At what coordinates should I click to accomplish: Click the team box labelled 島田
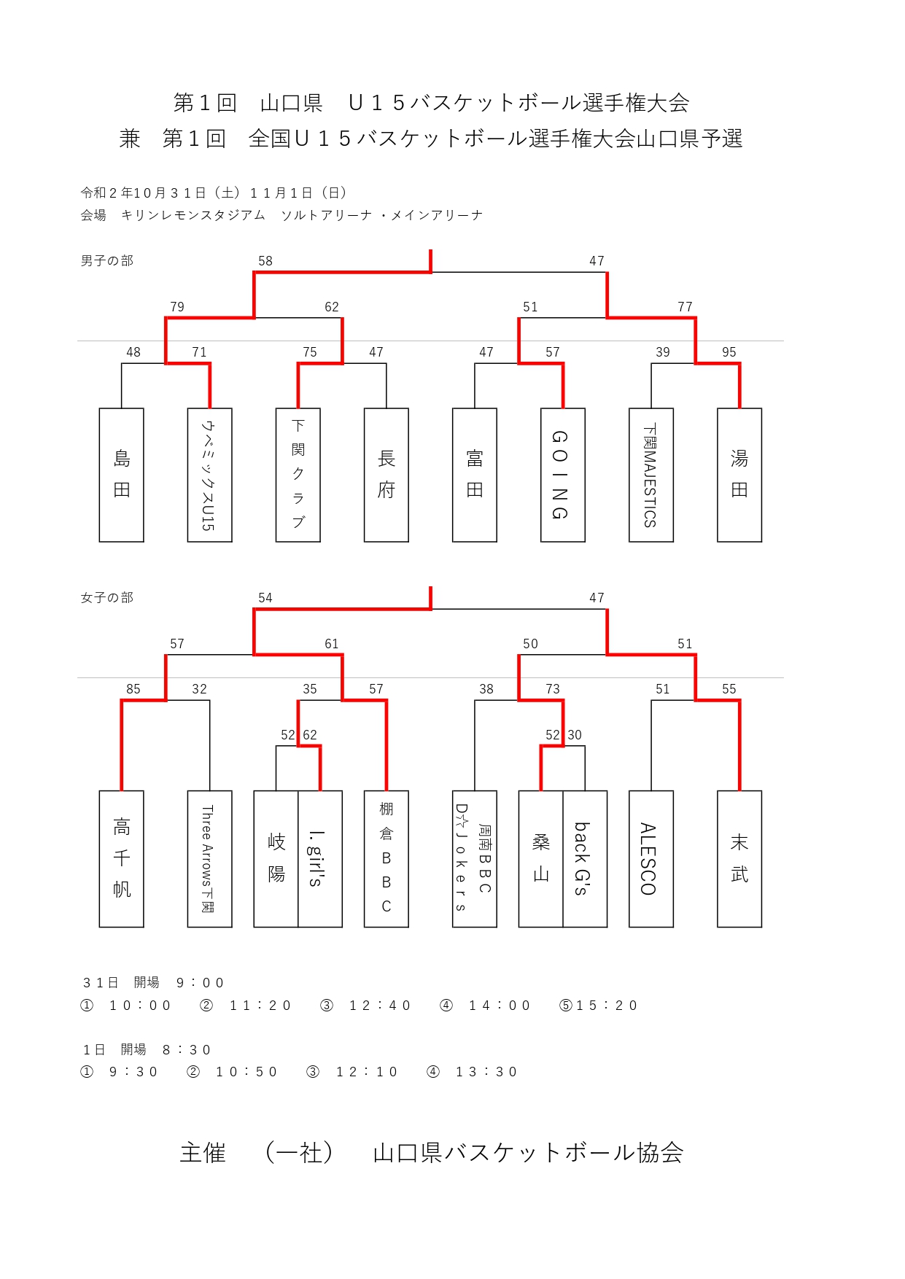[x=121, y=475]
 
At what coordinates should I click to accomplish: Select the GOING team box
[x=562, y=475]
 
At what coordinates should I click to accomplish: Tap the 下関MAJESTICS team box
[x=650, y=475]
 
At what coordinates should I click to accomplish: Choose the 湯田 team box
[x=739, y=475]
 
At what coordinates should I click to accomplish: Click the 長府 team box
[x=386, y=475]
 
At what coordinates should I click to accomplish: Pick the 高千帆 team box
[x=121, y=858]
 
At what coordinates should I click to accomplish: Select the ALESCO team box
[x=650, y=858]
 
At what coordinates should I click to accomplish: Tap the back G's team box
[x=584, y=858]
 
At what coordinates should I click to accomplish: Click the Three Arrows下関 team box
[x=209, y=858]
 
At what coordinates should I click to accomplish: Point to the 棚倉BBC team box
[x=386, y=858]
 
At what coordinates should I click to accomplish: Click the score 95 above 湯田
[x=729, y=352]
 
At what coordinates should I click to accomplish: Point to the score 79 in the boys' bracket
[x=177, y=307]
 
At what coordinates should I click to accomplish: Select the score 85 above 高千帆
[x=133, y=689]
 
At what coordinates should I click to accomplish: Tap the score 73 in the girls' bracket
[x=552, y=689]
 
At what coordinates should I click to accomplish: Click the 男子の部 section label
[x=106, y=261]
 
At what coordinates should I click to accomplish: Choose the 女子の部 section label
[x=106, y=598]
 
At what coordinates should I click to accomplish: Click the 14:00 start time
[x=499, y=1006]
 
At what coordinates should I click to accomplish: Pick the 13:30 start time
[x=486, y=1072]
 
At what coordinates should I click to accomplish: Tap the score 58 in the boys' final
[x=265, y=261]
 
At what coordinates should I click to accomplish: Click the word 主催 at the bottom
[x=203, y=1153]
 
